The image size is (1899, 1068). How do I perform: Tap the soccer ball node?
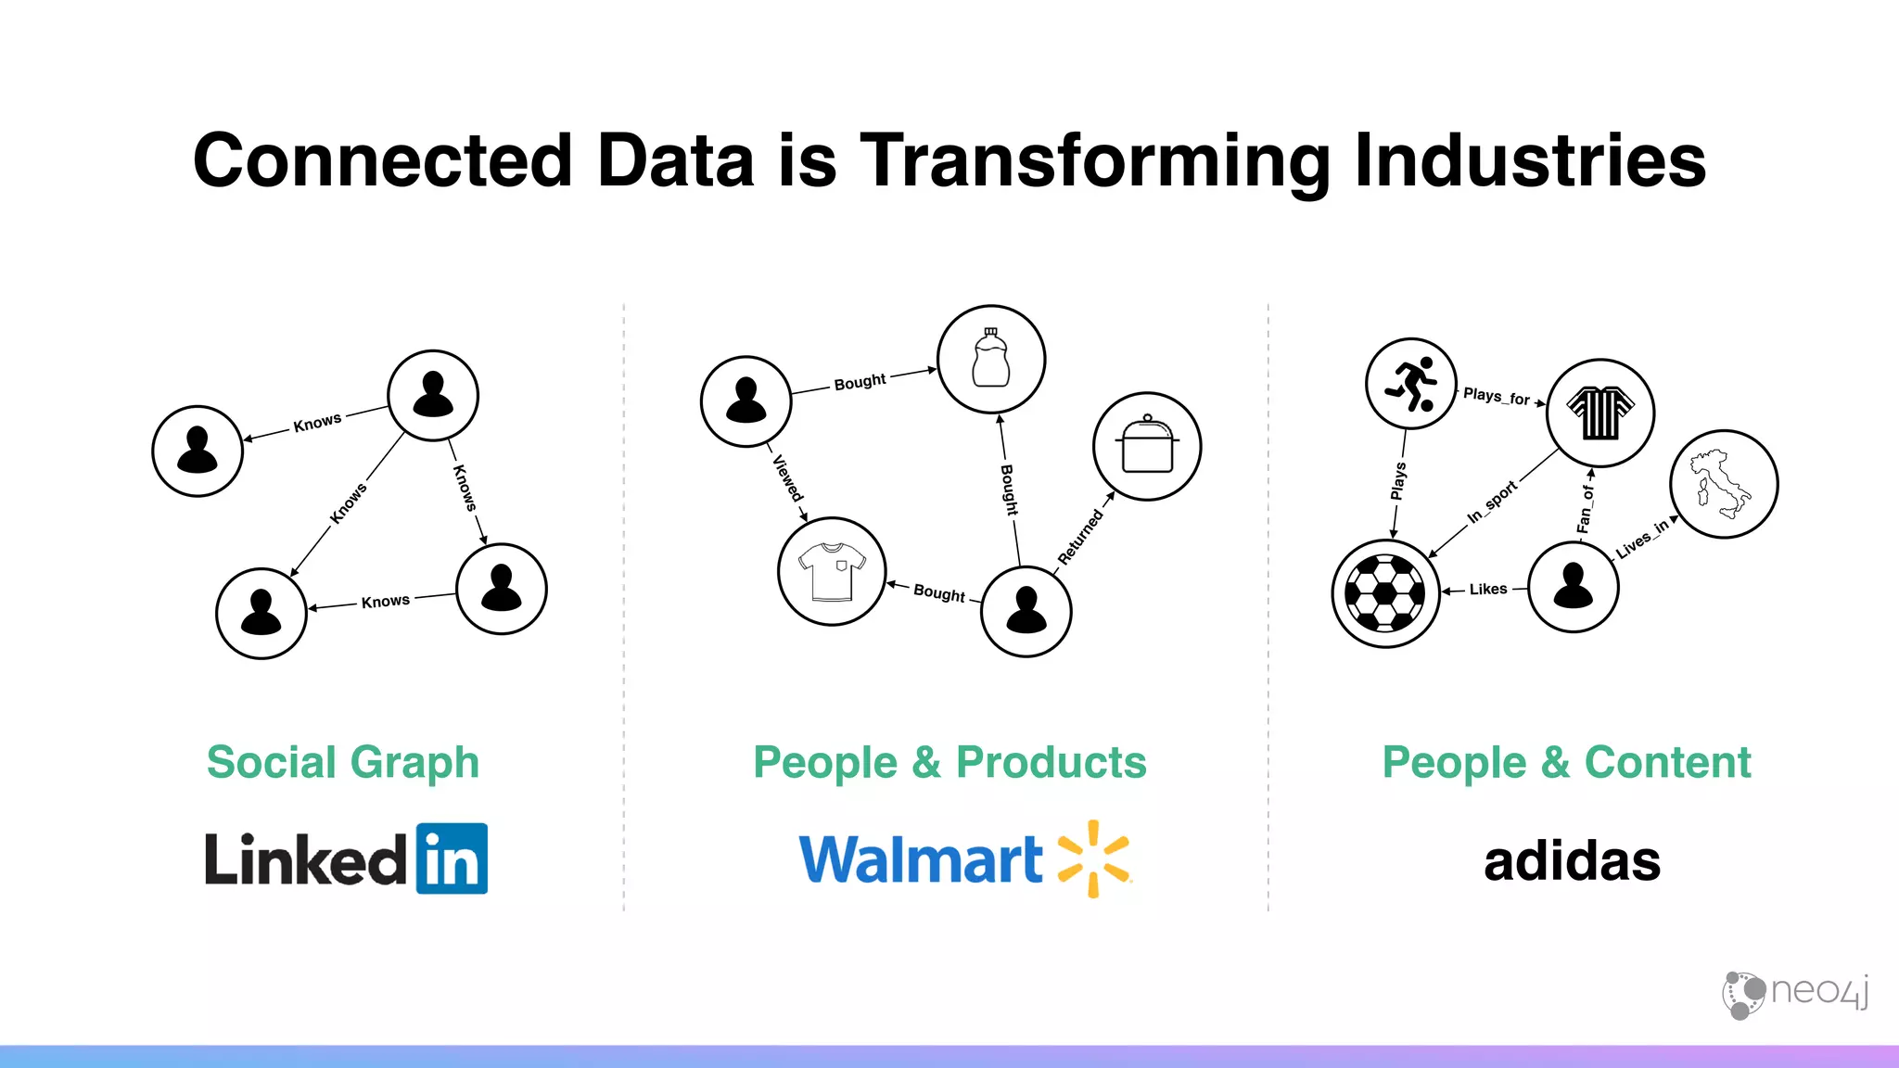tap(1385, 593)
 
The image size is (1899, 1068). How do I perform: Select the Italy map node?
tap(1723, 484)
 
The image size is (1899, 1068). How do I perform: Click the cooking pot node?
tap(1147, 446)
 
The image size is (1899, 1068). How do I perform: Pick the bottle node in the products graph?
tap(990, 359)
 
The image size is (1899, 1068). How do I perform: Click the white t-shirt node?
tap(832, 571)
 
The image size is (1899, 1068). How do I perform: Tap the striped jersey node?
tap(1600, 413)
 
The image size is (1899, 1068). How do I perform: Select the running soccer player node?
tap(1410, 383)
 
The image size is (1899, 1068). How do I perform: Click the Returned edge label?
tap(1080, 537)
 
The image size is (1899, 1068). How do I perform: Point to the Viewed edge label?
tap(787, 477)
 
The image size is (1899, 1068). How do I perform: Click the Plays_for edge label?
tap(1496, 396)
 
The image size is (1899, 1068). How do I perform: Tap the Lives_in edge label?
tap(1641, 539)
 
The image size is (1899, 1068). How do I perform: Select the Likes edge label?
tap(1487, 589)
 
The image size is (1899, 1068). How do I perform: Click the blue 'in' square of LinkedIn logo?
tap(452, 858)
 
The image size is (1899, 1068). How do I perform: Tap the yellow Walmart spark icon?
tap(1094, 858)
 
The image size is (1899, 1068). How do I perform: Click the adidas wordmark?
tap(1572, 861)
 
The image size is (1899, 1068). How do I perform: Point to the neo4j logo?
tap(1795, 994)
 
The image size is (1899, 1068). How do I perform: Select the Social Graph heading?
tap(343, 762)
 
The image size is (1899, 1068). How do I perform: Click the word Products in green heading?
tap(1051, 762)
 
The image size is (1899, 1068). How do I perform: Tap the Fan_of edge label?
tap(1585, 509)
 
